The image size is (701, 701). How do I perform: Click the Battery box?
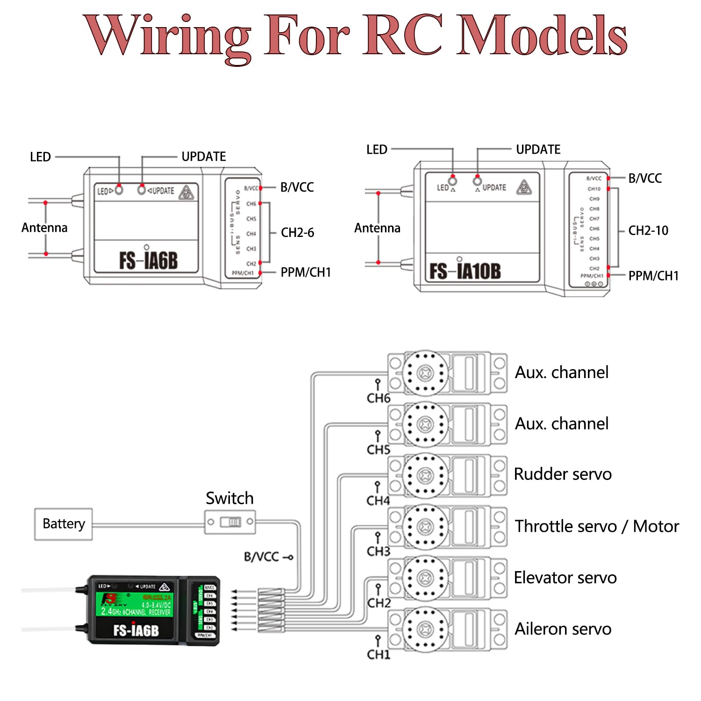(x=64, y=524)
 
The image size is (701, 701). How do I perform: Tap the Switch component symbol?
(x=230, y=522)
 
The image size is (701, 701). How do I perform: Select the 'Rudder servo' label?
(x=563, y=474)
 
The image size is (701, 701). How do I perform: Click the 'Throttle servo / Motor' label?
(x=597, y=526)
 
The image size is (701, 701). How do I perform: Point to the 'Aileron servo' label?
(x=563, y=629)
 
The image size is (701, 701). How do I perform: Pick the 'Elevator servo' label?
(x=565, y=578)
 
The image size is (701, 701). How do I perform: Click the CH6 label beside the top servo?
(x=378, y=398)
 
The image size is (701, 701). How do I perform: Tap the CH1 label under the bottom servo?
(x=378, y=654)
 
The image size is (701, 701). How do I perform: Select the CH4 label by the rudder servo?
(x=378, y=501)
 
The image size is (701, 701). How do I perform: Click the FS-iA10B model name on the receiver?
(x=465, y=271)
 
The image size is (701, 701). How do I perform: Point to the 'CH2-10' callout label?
(x=648, y=230)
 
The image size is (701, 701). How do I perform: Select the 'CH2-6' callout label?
(x=297, y=233)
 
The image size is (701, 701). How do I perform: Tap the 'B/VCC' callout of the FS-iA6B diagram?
(x=297, y=187)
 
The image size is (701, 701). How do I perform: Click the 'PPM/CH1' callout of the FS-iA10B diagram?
(x=653, y=276)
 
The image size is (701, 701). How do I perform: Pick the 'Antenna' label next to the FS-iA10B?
(x=377, y=228)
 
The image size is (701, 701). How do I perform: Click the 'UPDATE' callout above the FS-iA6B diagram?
(x=203, y=157)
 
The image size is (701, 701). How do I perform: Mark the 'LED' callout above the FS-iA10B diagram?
(x=377, y=150)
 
